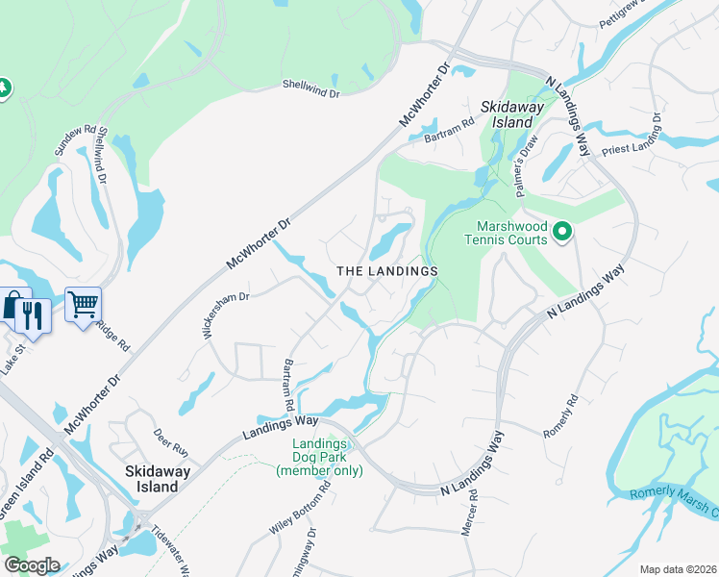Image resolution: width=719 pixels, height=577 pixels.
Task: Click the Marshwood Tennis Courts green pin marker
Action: coord(562,232)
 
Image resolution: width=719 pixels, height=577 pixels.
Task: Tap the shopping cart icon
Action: coord(83,306)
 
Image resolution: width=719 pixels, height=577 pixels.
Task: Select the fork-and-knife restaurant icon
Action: coord(34,314)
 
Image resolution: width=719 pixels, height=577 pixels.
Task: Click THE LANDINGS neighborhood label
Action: coord(387,271)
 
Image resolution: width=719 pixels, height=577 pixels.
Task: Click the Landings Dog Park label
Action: coord(319,457)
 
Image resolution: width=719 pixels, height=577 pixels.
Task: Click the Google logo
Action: coord(32,564)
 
